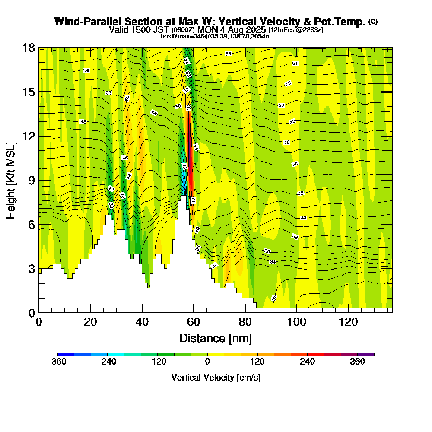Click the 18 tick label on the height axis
pos(29,48)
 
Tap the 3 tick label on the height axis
pos(31,269)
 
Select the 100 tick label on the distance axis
pos(297,322)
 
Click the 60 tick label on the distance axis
pos(194,322)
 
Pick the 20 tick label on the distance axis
pos(90,322)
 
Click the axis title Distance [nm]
pos(216,338)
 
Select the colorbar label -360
pos(57,362)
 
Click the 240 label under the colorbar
pos(308,362)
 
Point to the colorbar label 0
pos(207,362)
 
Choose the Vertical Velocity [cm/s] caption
pos(216,378)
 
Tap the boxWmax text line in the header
pos(216,36)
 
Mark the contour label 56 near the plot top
pos(229,54)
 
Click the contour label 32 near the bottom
pos(274,298)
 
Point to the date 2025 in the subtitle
pos(253,30)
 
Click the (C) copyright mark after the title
pos(373,21)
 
